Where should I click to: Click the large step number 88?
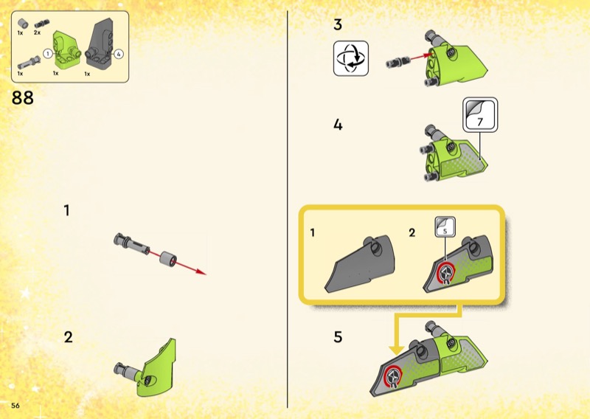23,98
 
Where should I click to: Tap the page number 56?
15,406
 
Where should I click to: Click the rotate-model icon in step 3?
351,58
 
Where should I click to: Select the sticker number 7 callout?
480,115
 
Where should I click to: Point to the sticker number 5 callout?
445,227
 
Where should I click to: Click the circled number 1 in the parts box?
48,54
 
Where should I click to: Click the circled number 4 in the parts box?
119,54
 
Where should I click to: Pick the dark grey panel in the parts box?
100,44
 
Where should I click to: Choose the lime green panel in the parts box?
67,49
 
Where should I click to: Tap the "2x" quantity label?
37,32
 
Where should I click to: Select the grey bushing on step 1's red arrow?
168,259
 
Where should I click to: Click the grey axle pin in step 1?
131,244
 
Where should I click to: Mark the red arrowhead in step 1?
201,272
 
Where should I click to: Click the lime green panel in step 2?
157,369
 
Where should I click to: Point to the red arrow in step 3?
421,57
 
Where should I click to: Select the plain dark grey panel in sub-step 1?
360,264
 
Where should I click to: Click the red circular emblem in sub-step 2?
446,272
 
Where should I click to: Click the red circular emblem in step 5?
393,375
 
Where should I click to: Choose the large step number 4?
338,125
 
